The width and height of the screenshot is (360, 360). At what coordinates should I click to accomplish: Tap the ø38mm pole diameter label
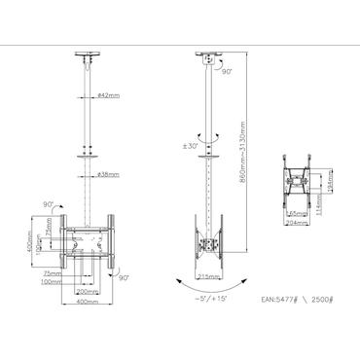point(109,175)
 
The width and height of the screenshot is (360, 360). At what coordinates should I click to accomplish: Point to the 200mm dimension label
point(88,290)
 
